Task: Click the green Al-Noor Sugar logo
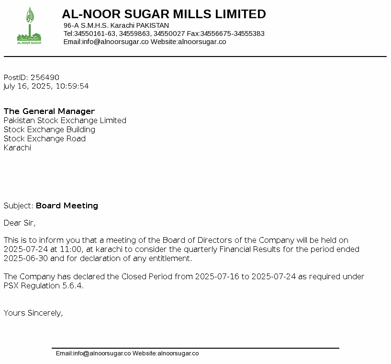29,27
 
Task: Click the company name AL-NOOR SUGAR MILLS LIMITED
164,14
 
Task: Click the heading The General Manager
49,112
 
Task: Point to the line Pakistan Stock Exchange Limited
65,121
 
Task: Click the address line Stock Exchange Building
49,130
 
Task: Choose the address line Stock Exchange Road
45,139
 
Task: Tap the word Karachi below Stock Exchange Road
17,148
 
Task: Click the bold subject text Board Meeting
67,206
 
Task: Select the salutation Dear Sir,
20,223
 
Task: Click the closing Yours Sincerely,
34,313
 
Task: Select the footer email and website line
127,354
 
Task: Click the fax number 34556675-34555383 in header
232,34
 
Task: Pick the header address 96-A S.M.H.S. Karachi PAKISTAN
116,25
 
